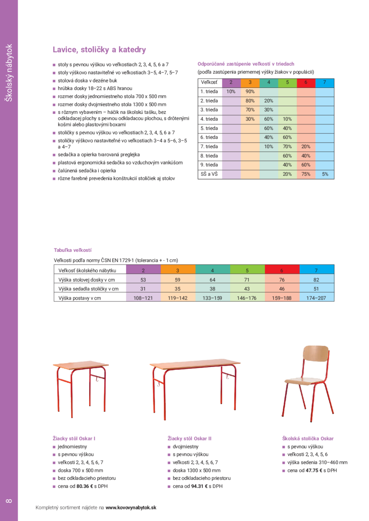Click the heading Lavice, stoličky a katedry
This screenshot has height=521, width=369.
pos(99,50)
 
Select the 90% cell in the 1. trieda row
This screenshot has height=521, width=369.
pos(250,92)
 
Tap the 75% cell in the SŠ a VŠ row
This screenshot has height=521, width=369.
pos(306,174)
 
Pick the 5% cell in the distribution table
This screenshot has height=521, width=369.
pos(325,174)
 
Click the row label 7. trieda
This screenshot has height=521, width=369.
pos(209,147)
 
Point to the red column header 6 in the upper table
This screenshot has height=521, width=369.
pos(306,82)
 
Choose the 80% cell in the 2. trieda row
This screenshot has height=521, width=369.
pos(250,101)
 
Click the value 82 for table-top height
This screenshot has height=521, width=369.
pos(316,280)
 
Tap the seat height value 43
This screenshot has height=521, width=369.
pos(247,289)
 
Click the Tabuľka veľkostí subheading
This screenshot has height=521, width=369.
pos(73,250)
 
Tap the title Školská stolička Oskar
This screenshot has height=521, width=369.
pos(308,439)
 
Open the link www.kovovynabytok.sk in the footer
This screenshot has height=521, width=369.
pos(131,507)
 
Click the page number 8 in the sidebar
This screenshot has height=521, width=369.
pos(9,501)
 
